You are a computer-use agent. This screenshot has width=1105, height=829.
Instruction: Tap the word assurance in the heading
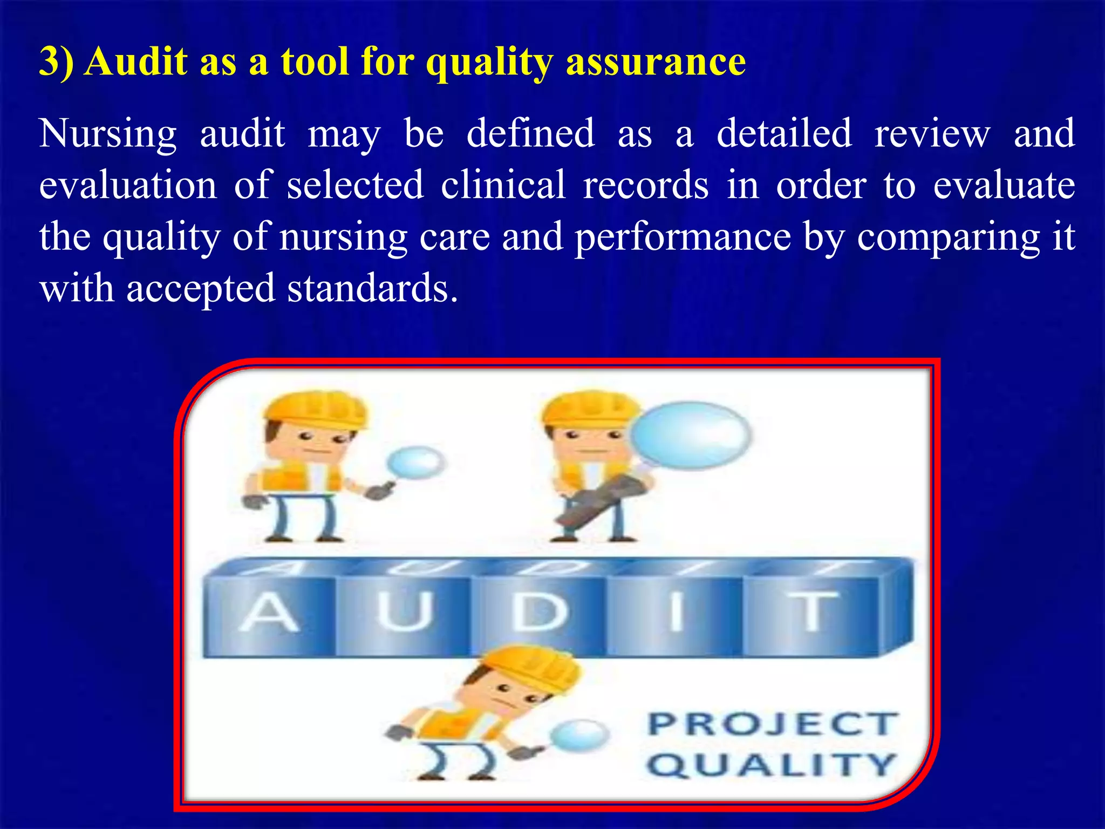pos(656,61)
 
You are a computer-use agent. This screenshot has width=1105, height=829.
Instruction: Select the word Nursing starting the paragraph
pos(108,134)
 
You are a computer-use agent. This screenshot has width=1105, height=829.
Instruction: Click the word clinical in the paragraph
pos(503,185)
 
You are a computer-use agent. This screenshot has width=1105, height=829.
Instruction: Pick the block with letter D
pos(540,613)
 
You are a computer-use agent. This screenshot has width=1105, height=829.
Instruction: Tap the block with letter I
pos(676,613)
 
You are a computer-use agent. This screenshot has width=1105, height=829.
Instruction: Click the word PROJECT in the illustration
pos(773,724)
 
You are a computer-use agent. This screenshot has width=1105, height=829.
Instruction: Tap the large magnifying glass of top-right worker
pos(690,435)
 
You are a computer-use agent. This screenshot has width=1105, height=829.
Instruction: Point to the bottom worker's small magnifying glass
pos(580,735)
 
